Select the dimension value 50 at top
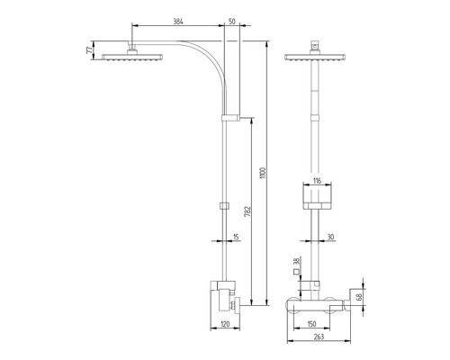233,19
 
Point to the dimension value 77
88,51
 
